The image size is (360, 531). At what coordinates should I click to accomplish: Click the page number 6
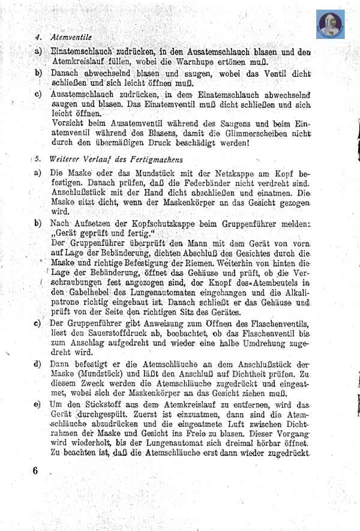pyautogui.click(x=36, y=470)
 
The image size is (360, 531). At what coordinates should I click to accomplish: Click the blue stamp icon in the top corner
pyautogui.click(x=329, y=25)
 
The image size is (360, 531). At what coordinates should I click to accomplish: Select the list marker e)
pyautogui.click(x=38, y=406)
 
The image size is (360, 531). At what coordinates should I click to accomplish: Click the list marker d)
pyautogui.click(x=38, y=363)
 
